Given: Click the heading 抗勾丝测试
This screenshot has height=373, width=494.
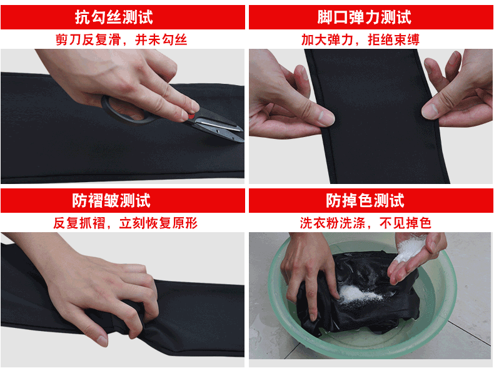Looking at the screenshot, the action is coord(114,17).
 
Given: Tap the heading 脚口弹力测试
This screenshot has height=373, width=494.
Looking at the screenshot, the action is coord(364,17).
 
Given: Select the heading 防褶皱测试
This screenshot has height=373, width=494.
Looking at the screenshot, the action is coord(111,200).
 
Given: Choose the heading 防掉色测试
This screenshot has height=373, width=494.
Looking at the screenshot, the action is coord(365,200).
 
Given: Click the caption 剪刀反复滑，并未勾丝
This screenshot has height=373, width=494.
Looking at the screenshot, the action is coord(121,39).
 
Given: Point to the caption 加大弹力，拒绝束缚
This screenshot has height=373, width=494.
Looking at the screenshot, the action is coord(360,39).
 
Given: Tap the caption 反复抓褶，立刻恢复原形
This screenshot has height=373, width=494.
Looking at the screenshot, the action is coord(125,223).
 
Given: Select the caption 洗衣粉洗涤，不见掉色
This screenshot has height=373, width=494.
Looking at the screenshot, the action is coord(365,223).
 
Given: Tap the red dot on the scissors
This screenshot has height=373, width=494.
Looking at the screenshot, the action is coord(191,116).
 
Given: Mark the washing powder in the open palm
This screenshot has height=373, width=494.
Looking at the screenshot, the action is coord(409,249).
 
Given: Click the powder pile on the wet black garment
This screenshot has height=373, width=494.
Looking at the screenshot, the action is coord(359,294).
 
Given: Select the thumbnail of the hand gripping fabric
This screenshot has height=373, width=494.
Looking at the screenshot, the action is coord(102,340).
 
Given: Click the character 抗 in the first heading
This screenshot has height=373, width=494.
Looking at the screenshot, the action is coord(82,17).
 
